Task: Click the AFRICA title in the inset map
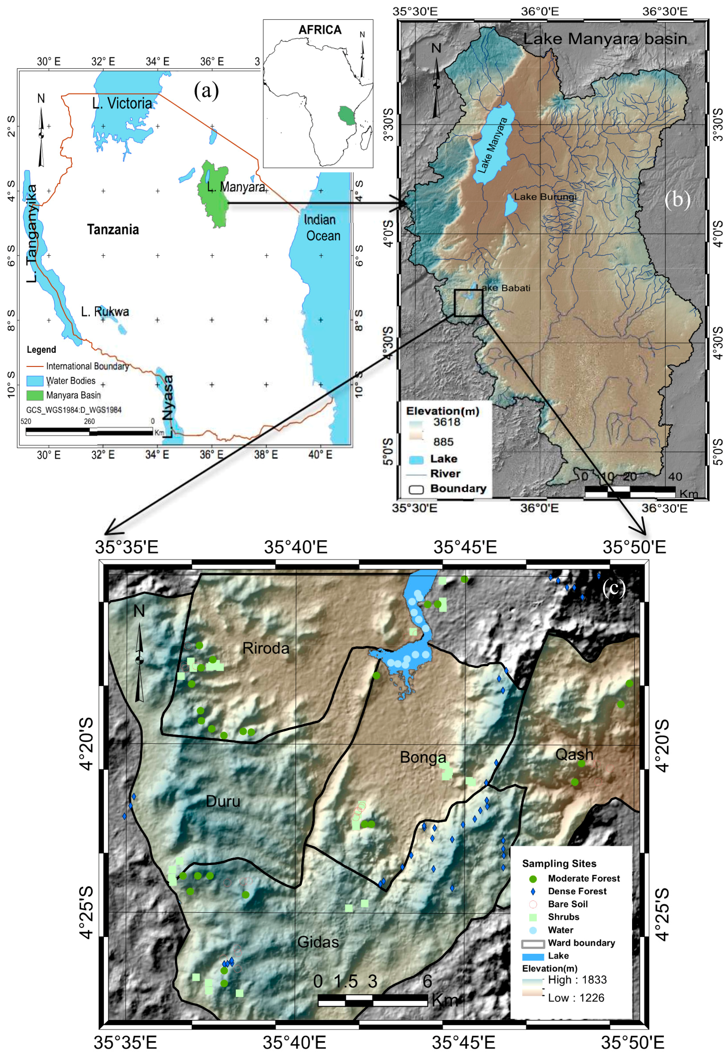coord(320,30)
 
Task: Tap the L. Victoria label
coord(122,104)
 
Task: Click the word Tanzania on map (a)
coord(113,229)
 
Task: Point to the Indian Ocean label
coord(322,228)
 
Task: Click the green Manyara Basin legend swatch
coord(35,395)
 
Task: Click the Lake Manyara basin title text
coord(605,39)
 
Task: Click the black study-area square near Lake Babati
coord(468,302)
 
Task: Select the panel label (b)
coord(677,200)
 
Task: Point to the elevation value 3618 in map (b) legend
coord(447,422)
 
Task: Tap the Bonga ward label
coord(423,757)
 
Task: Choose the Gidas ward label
coord(318,942)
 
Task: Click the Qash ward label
coord(574,755)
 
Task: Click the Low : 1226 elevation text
coord(576,998)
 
